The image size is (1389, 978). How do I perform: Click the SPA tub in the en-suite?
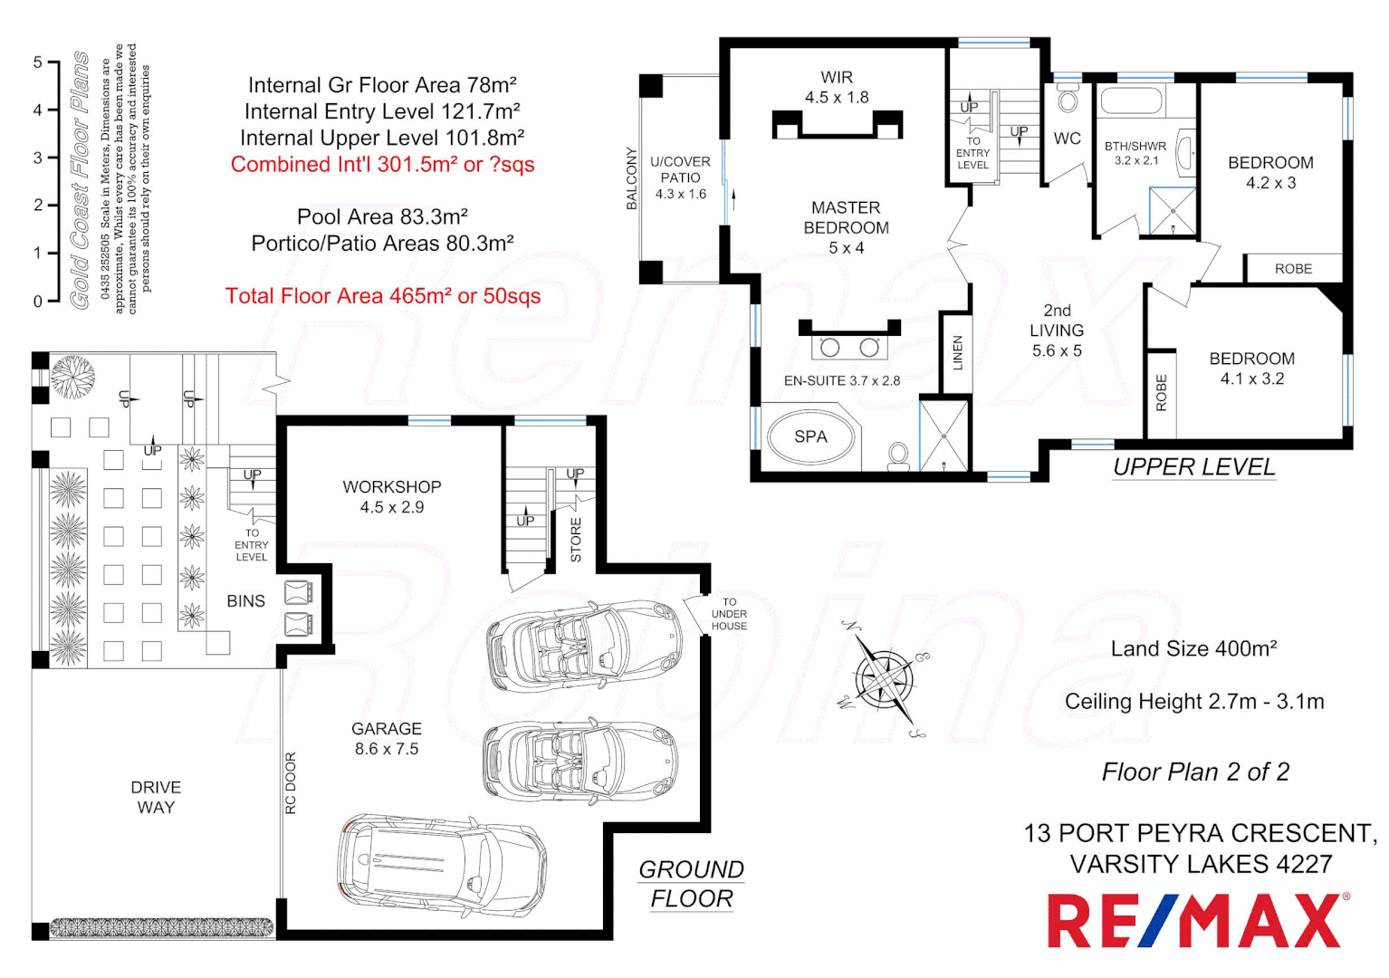[809, 437]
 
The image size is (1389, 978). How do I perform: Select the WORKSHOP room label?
[391, 487]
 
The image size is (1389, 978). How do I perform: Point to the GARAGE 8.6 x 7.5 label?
[387, 739]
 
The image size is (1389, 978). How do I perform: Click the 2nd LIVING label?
[1057, 330]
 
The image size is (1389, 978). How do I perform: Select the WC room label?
[1067, 139]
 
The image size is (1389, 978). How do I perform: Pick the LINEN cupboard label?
[957, 353]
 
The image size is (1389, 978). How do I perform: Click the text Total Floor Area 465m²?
[382, 296]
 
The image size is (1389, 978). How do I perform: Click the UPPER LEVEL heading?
[1193, 467]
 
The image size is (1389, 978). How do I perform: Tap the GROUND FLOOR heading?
[691, 884]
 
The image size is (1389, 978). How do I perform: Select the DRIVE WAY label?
[156, 797]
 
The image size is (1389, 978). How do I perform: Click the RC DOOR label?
[291, 783]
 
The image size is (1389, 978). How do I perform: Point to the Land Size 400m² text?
[1193, 649]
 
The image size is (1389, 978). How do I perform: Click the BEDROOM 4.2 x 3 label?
[1270, 172]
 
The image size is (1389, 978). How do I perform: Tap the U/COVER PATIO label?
[680, 177]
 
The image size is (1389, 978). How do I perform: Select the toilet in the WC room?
[1068, 99]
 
